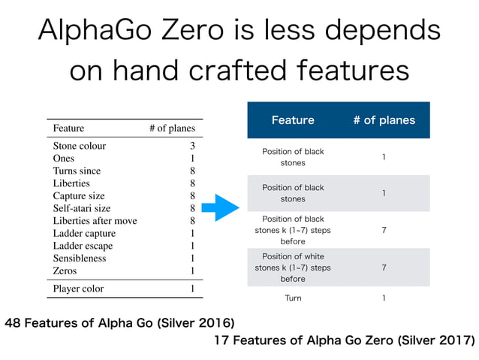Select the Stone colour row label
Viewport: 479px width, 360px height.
[80, 146]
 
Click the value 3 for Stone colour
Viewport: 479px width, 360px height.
[192, 146]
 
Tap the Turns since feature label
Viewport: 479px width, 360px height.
[77, 171]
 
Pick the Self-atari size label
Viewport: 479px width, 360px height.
[82, 208]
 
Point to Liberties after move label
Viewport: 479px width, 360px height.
[95, 220]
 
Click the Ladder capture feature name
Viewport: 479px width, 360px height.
[84, 233]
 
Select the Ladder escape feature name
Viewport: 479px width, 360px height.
[83, 246]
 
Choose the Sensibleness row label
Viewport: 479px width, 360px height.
[80, 258]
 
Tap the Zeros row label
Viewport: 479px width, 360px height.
[65, 271]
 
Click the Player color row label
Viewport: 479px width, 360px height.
[78, 289]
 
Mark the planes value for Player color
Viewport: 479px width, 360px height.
[192, 289]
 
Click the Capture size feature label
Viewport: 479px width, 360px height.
[79, 195]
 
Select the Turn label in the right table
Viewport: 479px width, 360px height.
[293, 298]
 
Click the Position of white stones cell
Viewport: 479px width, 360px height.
[293, 268]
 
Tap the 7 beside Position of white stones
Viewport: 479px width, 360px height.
[384, 268]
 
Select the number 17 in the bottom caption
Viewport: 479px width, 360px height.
[221, 341]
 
